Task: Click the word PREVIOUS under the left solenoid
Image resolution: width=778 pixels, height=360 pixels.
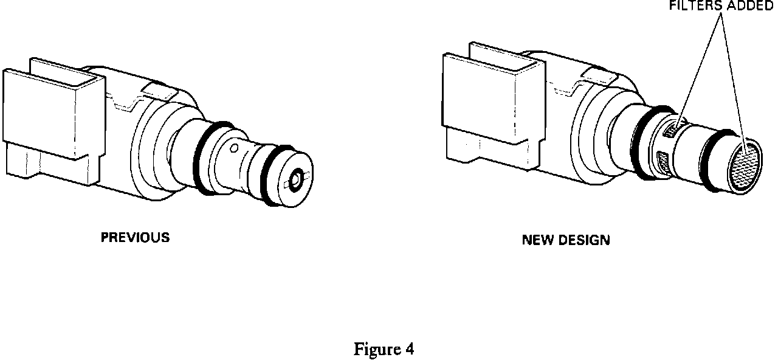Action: point(135,238)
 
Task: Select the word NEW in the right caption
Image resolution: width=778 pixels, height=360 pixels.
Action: point(535,240)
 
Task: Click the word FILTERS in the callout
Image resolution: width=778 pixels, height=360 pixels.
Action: point(690,7)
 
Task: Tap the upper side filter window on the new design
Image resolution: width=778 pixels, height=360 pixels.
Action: point(672,130)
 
